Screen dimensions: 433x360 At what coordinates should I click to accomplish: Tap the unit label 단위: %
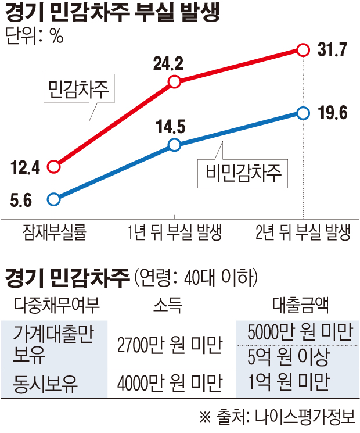(34, 36)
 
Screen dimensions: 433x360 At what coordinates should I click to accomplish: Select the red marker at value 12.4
(54, 167)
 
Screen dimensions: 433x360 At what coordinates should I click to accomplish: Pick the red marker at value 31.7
(303, 50)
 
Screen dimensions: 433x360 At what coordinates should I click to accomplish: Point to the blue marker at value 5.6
(54, 199)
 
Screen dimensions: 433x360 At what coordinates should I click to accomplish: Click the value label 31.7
(333, 50)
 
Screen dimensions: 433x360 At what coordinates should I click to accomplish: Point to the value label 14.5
(171, 126)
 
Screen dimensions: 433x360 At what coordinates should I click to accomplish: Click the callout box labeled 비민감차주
(243, 172)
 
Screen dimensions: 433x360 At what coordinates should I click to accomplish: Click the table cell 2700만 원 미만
(170, 345)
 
